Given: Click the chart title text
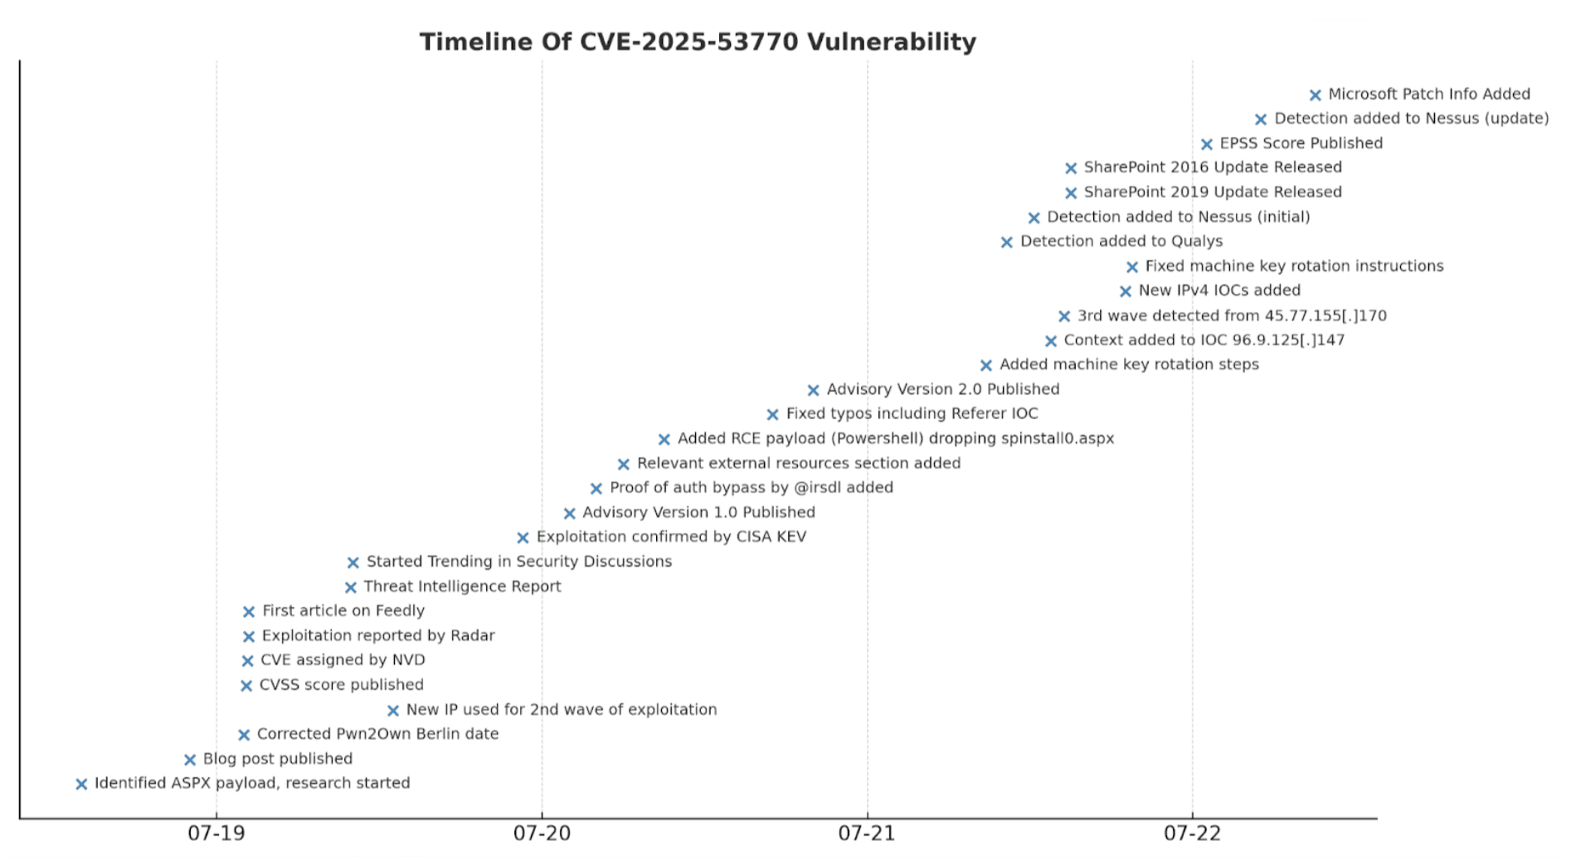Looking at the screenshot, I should (698, 42).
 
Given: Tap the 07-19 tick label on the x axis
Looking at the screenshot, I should (216, 833).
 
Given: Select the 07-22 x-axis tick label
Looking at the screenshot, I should (1192, 833).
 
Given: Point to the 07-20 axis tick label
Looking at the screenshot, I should (542, 833).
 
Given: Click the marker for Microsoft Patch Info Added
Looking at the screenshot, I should (1315, 95).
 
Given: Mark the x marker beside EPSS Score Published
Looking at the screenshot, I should (1207, 144).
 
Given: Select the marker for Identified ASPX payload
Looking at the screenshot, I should (81, 784).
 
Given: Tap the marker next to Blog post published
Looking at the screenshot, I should (190, 760).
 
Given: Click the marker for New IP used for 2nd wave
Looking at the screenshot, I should (393, 711).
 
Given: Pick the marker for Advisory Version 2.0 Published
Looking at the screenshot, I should (813, 390).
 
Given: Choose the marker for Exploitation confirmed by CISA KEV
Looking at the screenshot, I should (523, 538).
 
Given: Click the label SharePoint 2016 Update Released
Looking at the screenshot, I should (1213, 168).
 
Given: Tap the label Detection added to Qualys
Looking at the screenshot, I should (1121, 242).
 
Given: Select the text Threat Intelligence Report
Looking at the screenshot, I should (462, 587).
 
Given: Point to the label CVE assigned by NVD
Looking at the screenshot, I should (343, 661).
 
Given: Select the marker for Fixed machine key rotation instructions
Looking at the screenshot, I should (1132, 267).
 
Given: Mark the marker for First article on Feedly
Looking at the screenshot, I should (249, 612).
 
